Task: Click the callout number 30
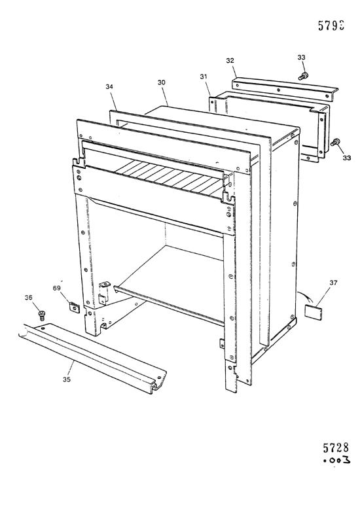pyautogui.click(x=161, y=83)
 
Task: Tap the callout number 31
pyautogui.click(x=204, y=77)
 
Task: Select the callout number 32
pyautogui.click(x=230, y=60)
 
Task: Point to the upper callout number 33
pyautogui.click(x=301, y=58)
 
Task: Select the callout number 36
pyautogui.click(x=28, y=298)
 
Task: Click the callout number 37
pyautogui.click(x=334, y=283)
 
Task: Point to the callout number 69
pyautogui.click(x=56, y=287)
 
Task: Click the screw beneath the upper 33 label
pyautogui.click(x=302, y=77)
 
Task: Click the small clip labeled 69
pyautogui.click(x=74, y=306)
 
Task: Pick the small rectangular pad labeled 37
pyautogui.click(x=316, y=311)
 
